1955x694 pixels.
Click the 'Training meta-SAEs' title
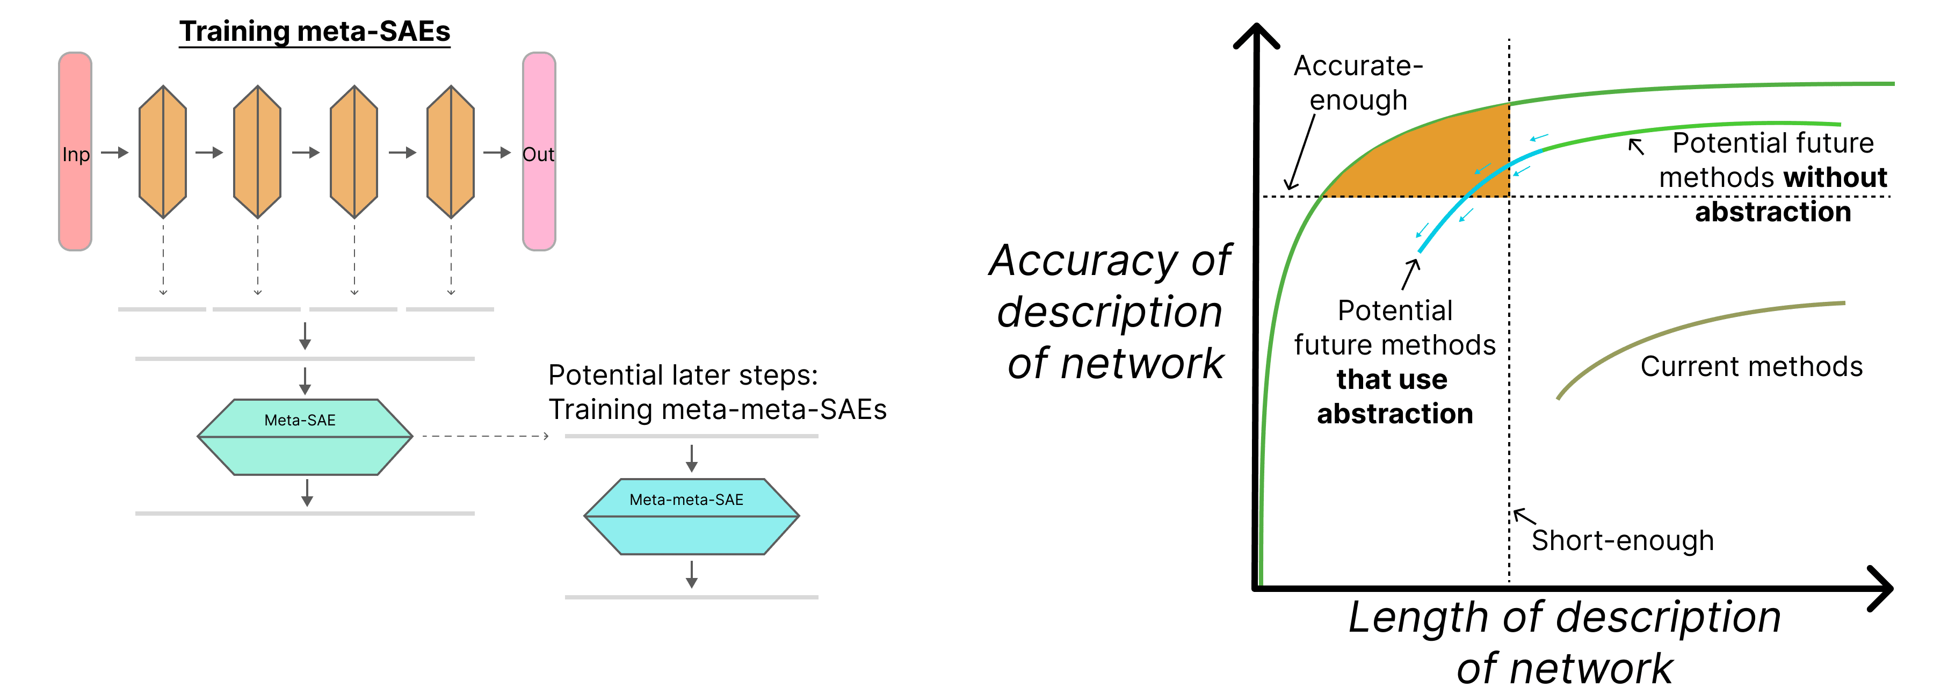tap(314, 32)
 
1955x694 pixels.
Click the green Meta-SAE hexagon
tap(305, 437)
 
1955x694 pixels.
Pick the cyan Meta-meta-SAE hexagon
tap(691, 516)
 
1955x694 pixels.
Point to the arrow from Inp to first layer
tap(114, 153)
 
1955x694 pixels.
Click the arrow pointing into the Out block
tap(497, 153)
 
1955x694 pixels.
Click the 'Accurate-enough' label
tap(1358, 83)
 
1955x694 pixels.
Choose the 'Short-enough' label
tap(1623, 540)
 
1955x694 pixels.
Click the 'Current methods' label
tap(1751, 367)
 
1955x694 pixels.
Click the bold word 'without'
tap(1835, 178)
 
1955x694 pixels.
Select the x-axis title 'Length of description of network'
tap(1564, 641)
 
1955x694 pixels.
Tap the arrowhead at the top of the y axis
tap(1257, 34)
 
